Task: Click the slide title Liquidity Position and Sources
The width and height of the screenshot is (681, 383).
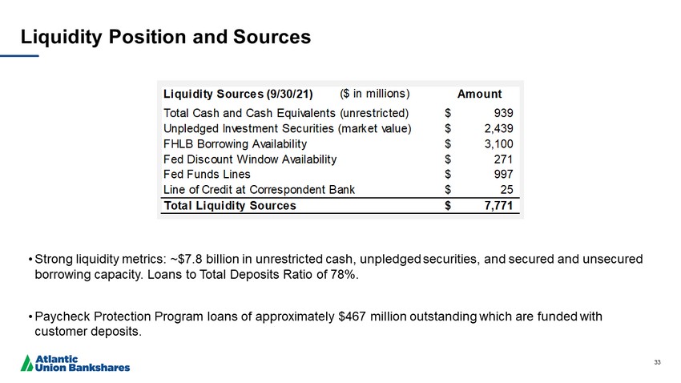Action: click(165, 37)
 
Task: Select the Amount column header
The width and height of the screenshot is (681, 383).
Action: click(479, 94)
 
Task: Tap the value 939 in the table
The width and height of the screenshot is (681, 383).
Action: click(503, 113)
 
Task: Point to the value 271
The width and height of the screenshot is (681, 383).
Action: click(503, 159)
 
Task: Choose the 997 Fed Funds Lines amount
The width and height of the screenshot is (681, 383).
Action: click(503, 174)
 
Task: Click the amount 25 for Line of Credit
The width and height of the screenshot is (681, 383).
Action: click(506, 189)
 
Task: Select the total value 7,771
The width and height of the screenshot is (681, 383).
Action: click(498, 206)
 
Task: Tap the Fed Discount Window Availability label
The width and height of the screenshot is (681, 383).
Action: click(249, 159)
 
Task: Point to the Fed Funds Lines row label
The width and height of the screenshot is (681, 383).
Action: click(206, 174)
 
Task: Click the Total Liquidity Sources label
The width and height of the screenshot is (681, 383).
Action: click(229, 206)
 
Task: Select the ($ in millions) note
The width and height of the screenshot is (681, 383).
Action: click(374, 93)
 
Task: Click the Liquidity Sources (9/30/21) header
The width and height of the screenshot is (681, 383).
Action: click(237, 94)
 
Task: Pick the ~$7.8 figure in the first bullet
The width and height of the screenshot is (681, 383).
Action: click(188, 260)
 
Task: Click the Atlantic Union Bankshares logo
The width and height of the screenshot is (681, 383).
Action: click(75, 363)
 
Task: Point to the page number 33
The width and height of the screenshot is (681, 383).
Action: click(657, 363)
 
